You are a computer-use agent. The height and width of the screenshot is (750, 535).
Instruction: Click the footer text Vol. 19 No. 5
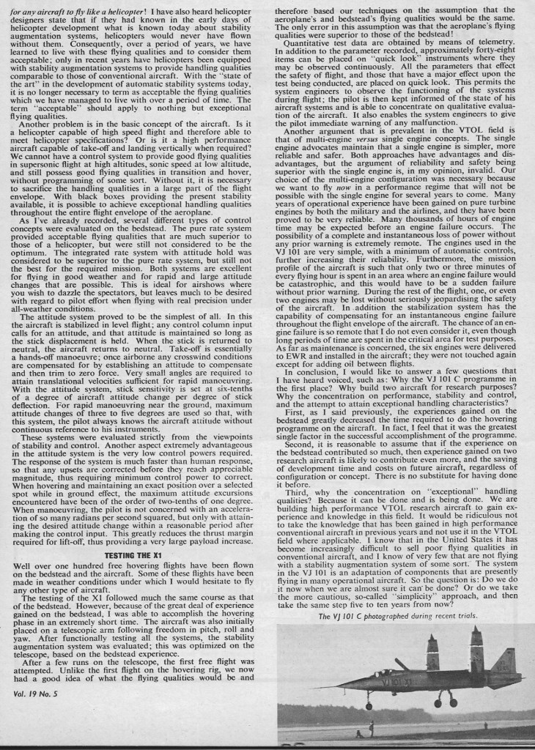coord(34,734)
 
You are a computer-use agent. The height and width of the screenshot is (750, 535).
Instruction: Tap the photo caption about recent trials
coord(398,617)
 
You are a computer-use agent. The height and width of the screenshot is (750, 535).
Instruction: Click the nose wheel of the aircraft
coord(368,706)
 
